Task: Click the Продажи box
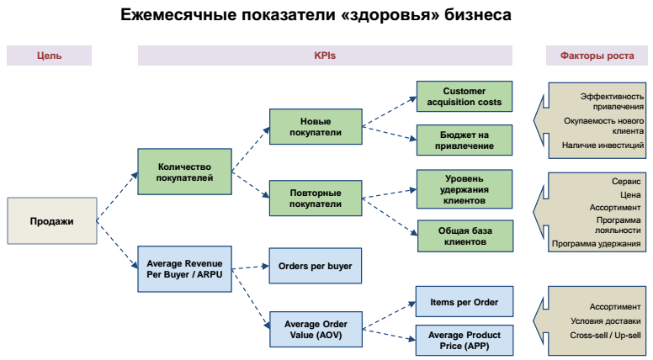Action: [51, 221]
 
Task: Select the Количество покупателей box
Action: [185, 172]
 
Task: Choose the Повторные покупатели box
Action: [316, 199]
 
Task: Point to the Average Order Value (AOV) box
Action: [316, 330]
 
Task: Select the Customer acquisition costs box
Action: [465, 97]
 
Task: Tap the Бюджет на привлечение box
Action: [465, 140]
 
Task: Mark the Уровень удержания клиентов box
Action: [465, 188]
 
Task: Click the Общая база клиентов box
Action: [465, 236]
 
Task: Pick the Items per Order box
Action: [465, 301]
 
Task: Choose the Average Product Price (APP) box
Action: [465, 341]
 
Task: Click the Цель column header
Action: [50, 56]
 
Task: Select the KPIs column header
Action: [325, 56]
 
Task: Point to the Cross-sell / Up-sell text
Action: [605, 336]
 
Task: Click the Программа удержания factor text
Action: [597, 244]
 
